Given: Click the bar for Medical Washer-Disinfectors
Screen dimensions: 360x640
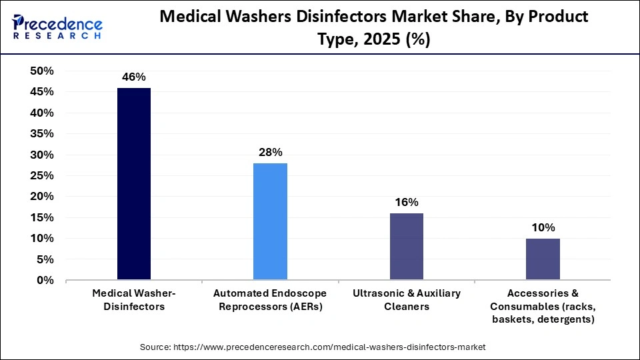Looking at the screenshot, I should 134,184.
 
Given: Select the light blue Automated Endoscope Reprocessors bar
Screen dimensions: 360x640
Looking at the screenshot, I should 270,221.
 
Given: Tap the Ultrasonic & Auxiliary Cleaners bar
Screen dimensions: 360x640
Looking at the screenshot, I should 406,246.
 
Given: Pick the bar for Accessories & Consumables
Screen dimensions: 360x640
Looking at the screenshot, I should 543,259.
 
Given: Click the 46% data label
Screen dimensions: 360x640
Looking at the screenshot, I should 134,77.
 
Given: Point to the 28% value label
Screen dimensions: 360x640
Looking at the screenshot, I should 270,153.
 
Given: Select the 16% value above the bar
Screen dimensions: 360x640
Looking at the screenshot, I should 406,202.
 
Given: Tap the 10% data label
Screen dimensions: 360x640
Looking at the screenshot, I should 543,227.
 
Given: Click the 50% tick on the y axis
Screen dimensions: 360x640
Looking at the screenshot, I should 42,71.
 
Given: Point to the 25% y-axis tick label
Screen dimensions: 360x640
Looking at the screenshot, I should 42,176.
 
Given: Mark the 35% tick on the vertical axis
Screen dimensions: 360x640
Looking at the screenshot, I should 42,134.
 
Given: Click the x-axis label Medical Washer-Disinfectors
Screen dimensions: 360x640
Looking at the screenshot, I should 134,299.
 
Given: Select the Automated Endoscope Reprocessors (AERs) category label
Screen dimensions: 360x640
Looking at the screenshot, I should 270,299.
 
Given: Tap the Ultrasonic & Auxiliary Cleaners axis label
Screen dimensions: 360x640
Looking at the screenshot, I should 406,299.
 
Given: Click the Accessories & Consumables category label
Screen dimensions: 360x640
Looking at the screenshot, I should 543,305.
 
